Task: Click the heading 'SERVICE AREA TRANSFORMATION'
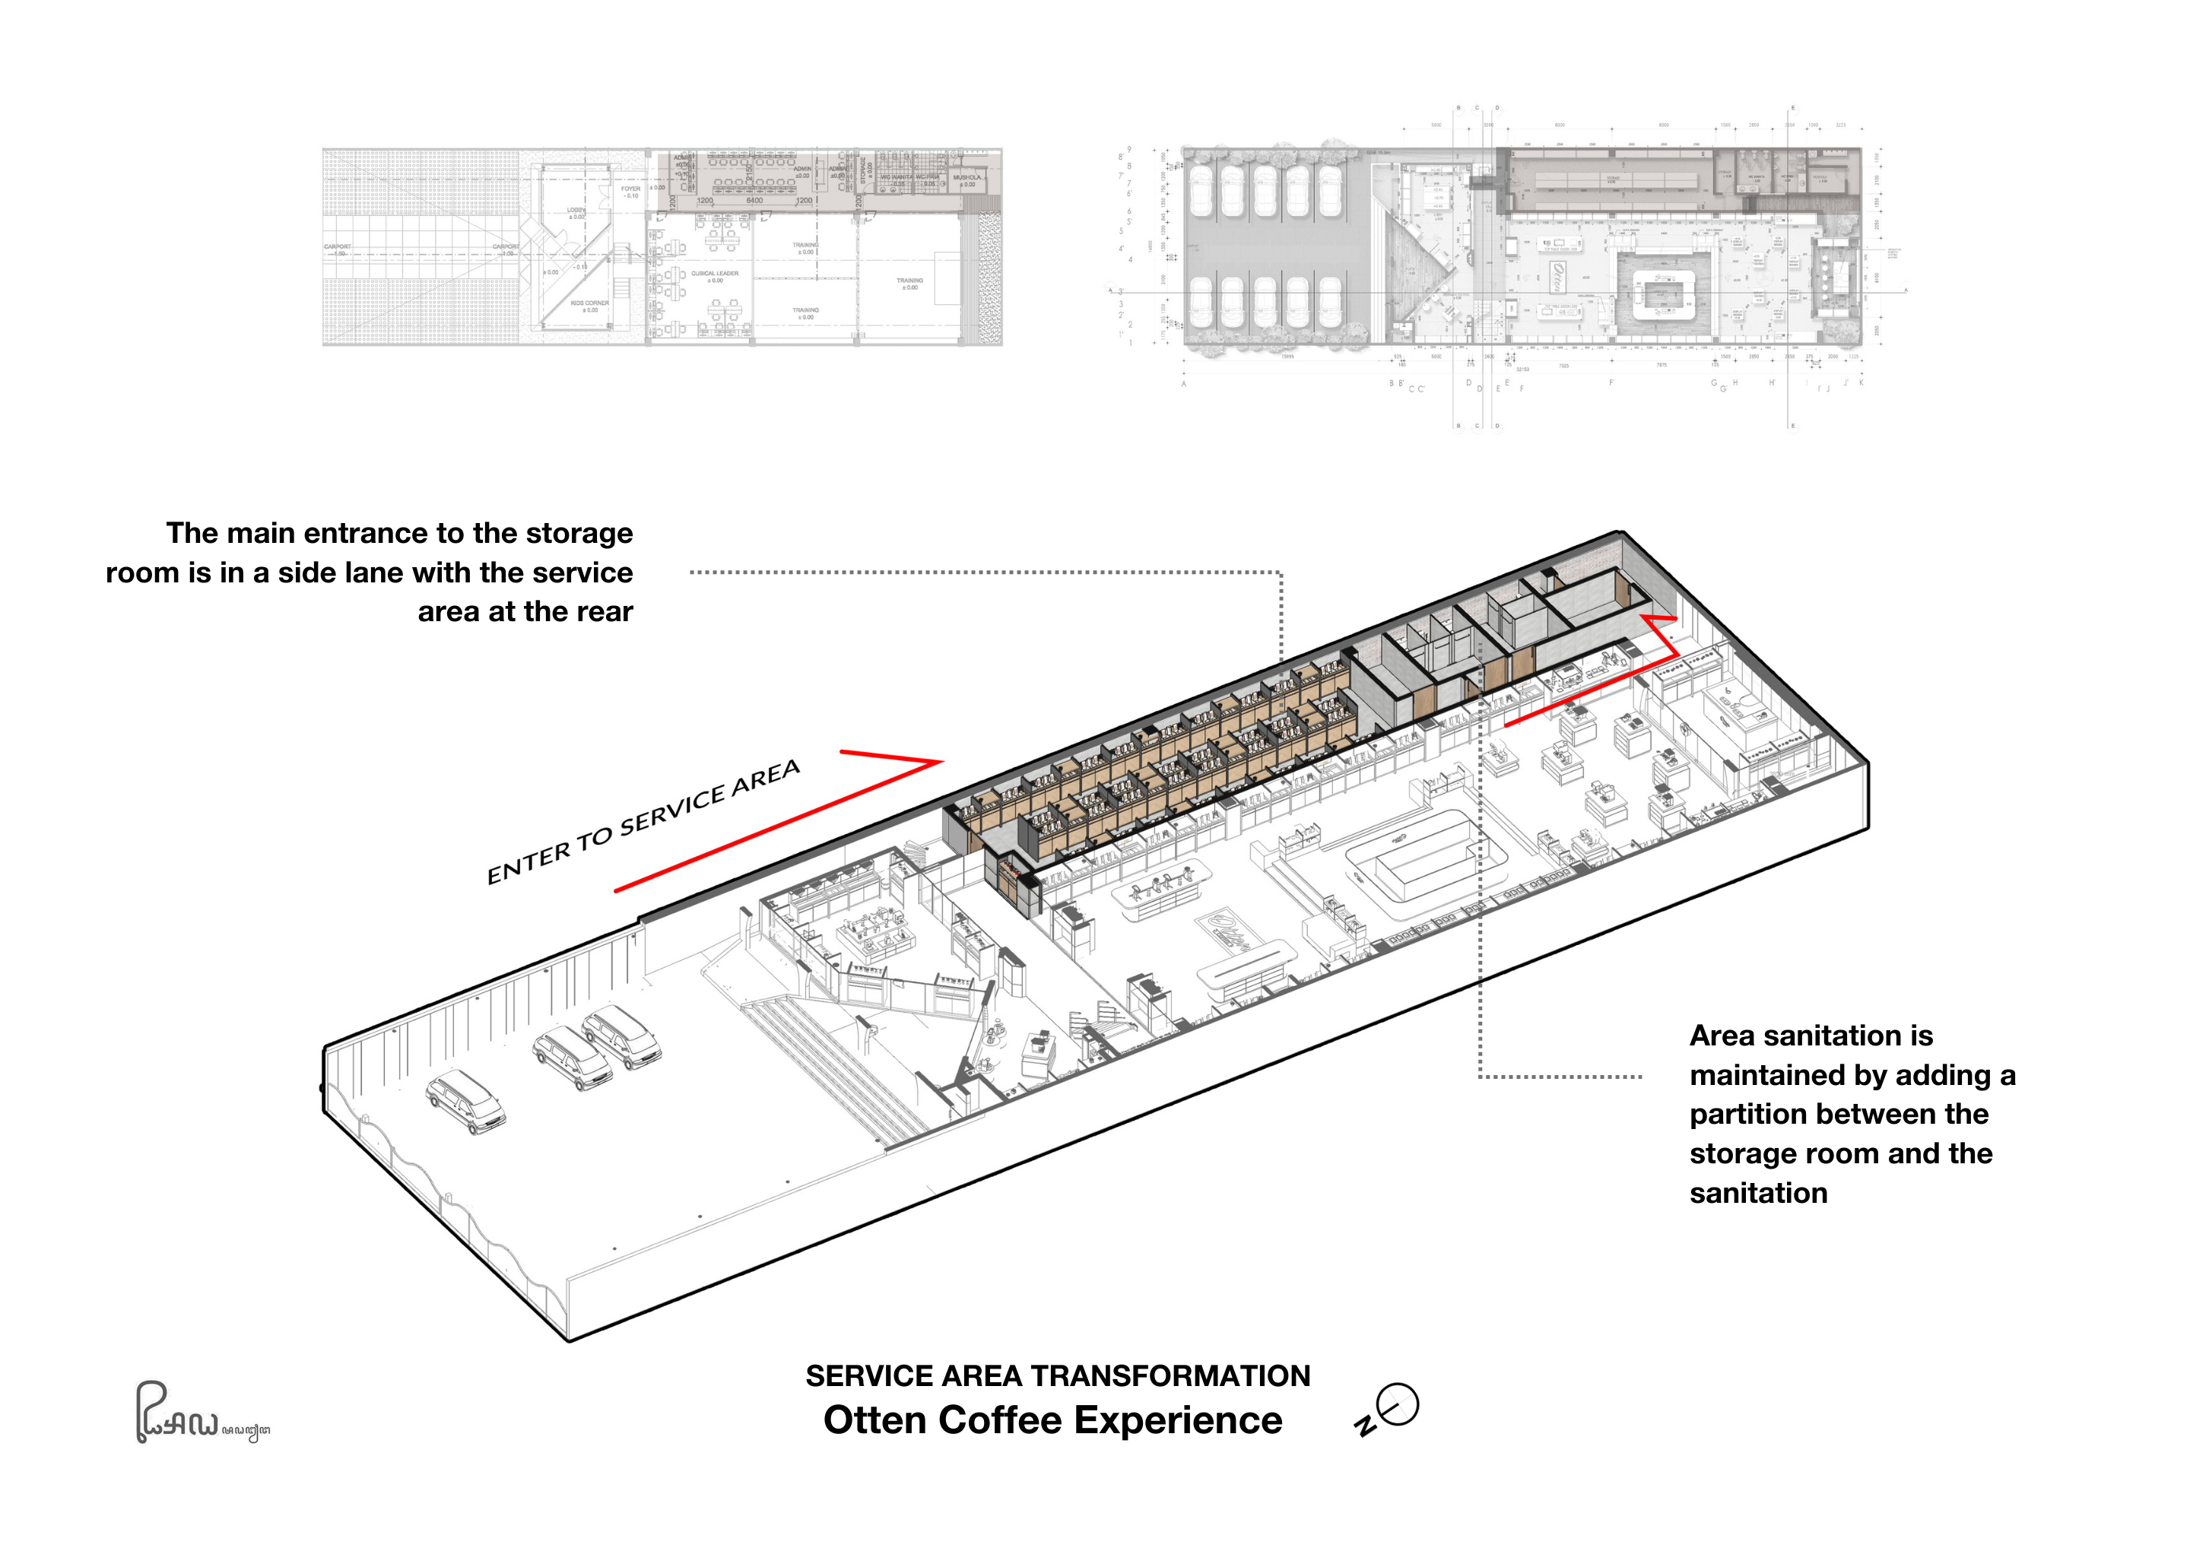1058,1375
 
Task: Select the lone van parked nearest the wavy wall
465,1102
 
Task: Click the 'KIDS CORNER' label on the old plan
589,304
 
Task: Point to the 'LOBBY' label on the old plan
576,211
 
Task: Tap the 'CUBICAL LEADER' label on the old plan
715,274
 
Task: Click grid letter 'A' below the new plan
1184,385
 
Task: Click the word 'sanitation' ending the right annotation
1758,1193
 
